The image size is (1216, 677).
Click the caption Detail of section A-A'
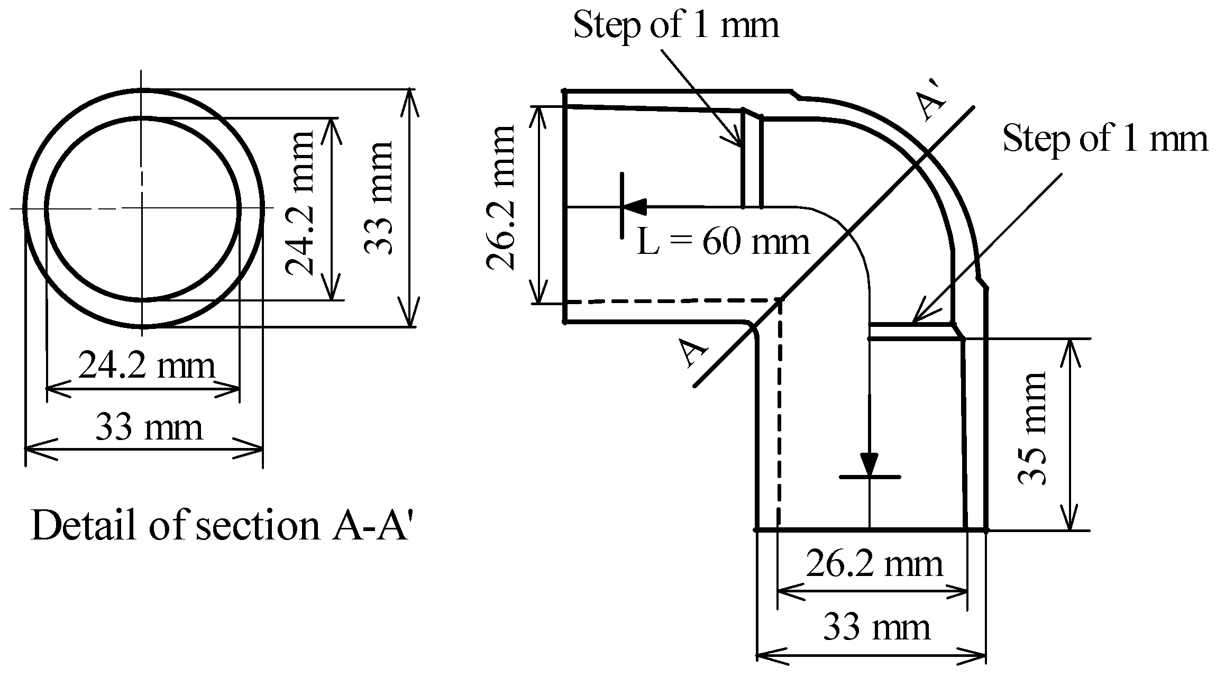(221, 526)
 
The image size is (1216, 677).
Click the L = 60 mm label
(723, 242)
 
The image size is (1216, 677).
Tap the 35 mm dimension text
(1032, 428)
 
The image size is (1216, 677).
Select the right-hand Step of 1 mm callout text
(1105, 139)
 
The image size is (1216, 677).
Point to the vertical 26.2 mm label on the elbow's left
(500, 198)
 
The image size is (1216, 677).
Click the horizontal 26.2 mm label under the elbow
(874, 564)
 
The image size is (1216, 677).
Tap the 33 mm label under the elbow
(876, 628)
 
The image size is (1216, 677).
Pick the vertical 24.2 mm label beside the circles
(299, 204)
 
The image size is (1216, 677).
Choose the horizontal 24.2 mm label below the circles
(147, 366)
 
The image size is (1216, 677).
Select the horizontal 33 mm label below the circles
(149, 428)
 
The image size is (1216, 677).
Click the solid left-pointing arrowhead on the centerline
(635, 206)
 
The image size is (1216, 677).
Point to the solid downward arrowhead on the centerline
(869, 464)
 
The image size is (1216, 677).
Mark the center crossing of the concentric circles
(142, 208)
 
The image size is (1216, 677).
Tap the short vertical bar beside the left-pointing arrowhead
(622, 205)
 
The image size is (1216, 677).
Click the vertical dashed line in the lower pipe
(779, 423)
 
